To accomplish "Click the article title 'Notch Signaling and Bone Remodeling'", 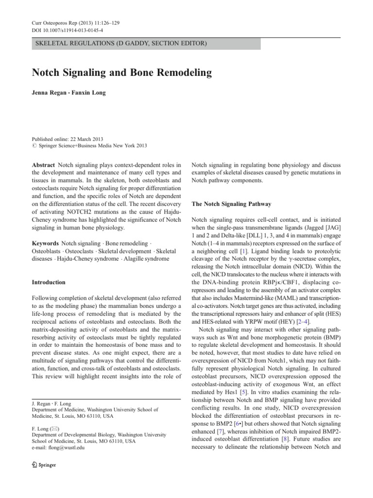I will (x=122, y=73).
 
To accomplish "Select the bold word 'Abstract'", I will (x=43, y=165).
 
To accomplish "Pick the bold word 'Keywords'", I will (x=45, y=242).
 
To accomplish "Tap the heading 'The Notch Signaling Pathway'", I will (x=232, y=204).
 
